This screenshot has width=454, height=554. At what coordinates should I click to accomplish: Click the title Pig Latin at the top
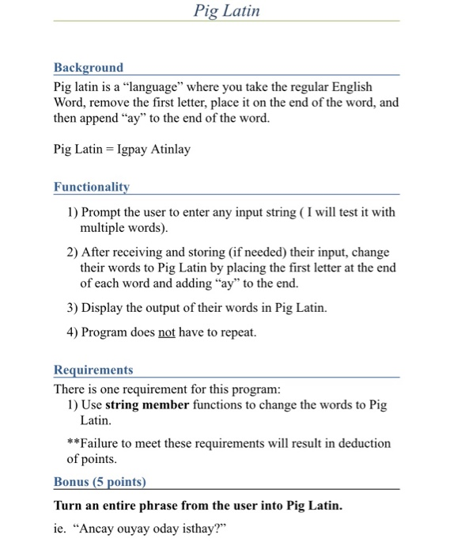[x=226, y=10]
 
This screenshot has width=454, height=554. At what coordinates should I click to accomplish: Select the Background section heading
[x=89, y=68]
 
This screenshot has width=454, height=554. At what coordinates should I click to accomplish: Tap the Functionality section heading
[x=92, y=188]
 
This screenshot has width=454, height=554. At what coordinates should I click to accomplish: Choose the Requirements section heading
[x=93, y=370]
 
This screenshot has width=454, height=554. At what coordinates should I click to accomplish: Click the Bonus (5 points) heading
[x=100, y=482]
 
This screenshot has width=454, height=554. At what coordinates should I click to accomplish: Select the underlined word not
[x=166, y=332]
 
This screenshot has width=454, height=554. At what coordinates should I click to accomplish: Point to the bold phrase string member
[x=147, y=405]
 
